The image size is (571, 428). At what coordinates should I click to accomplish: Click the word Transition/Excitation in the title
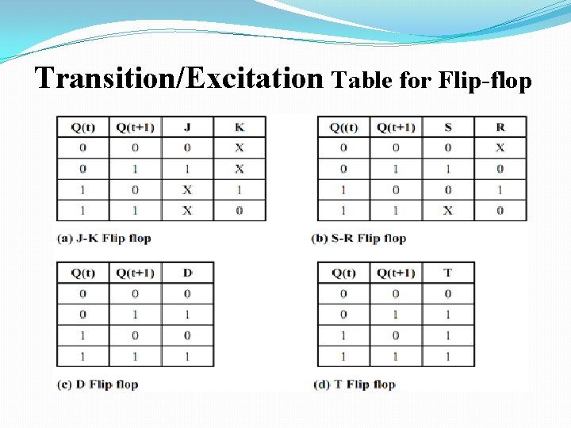tap(179, 79)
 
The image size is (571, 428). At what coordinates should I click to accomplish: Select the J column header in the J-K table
tap(187, 127)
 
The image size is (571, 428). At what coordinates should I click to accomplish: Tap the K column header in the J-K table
tap(240, 127)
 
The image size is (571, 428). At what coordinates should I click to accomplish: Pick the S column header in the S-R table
tap(448, 127)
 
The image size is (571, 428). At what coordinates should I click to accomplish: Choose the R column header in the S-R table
tap(500, 127)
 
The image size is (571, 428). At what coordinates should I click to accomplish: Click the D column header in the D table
tap(187, 273)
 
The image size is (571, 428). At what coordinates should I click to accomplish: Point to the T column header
tap(448, 273)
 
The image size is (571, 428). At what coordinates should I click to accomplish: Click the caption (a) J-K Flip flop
tap(104, 238)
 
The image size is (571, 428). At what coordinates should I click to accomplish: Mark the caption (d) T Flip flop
tap(354, 384)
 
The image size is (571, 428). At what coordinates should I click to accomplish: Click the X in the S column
tap(448, 211)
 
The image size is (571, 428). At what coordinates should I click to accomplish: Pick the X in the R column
tap(500, 148)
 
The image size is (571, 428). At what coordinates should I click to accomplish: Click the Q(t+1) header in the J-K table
tap(135, 127)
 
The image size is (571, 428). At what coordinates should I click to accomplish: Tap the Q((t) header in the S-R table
tap(343, 127)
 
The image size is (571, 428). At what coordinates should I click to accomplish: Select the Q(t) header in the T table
tap(343, 273)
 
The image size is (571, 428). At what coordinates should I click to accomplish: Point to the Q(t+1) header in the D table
tap(135, 273)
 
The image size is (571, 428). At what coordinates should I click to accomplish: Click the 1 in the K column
tap(240, 190)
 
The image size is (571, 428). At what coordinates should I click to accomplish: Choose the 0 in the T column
tap(448, 294)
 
